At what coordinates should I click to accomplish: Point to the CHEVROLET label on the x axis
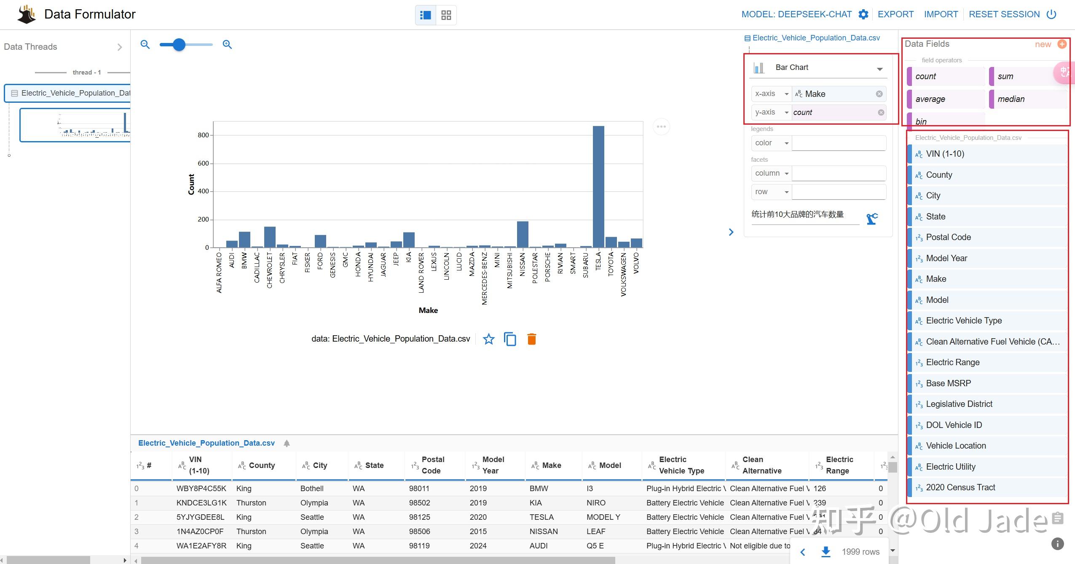click(x=270, y=270)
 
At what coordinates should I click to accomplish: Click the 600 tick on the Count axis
click(x=203, y=163)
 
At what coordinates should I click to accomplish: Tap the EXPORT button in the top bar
click(x=895, y=14)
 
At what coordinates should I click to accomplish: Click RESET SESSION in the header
click(x=1004, y=14)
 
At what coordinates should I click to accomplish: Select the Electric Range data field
click(x=952, y=363)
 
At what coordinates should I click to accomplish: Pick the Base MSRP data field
click(x=948, y=384)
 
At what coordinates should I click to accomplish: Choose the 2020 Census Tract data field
click(x=960, y=488)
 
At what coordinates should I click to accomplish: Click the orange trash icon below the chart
click(x=531, y=339)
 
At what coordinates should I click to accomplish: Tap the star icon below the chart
click(x=488, y=339)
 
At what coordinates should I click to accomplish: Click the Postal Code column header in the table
click(x=433, y=465)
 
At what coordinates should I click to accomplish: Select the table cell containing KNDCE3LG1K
click(x=201, y=503)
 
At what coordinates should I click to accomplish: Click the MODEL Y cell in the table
click(x=603, y=517)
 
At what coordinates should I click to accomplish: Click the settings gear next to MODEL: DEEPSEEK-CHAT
click(x=863, y=14)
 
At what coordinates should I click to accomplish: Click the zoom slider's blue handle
click(x=179, y=45)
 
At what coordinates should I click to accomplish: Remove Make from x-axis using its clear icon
click(x=879, y=94)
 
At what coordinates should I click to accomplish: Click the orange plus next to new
click(x=1062, y=44)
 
